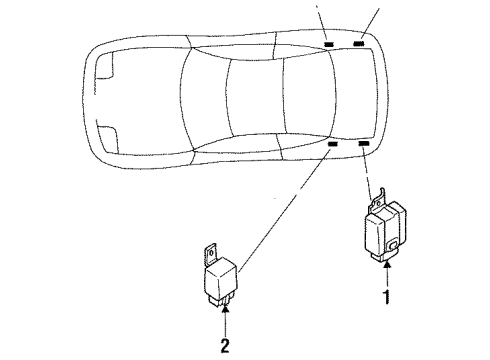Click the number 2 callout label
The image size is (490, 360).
226,345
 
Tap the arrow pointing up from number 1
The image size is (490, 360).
386,275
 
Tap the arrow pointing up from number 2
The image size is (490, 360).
226,322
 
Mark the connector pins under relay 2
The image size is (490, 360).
225,305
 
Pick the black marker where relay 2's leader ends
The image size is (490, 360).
333,145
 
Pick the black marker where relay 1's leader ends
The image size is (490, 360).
363,144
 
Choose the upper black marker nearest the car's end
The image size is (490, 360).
360,45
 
